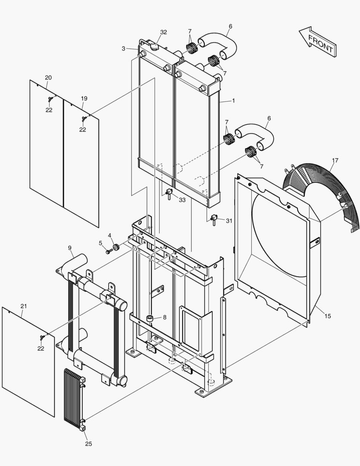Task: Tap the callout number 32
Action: tap(163, 32)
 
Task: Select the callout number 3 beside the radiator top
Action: tap(124, 49)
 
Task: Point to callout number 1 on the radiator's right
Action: tap(233, 101)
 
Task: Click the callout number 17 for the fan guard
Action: tap(335, 161)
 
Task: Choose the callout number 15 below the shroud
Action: tap(328, 316)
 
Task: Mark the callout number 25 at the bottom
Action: tap(88, 444)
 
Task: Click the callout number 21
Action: tap(24, 306)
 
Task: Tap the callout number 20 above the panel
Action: tap(48, 77)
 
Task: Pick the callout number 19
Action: tap(84, 98)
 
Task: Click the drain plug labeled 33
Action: tap(169, 193)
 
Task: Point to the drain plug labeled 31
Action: tap(213, 220)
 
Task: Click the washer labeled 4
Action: tap(116, 248)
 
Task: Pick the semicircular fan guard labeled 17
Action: tap(319, 190)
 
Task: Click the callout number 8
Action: tap(164, 318)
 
